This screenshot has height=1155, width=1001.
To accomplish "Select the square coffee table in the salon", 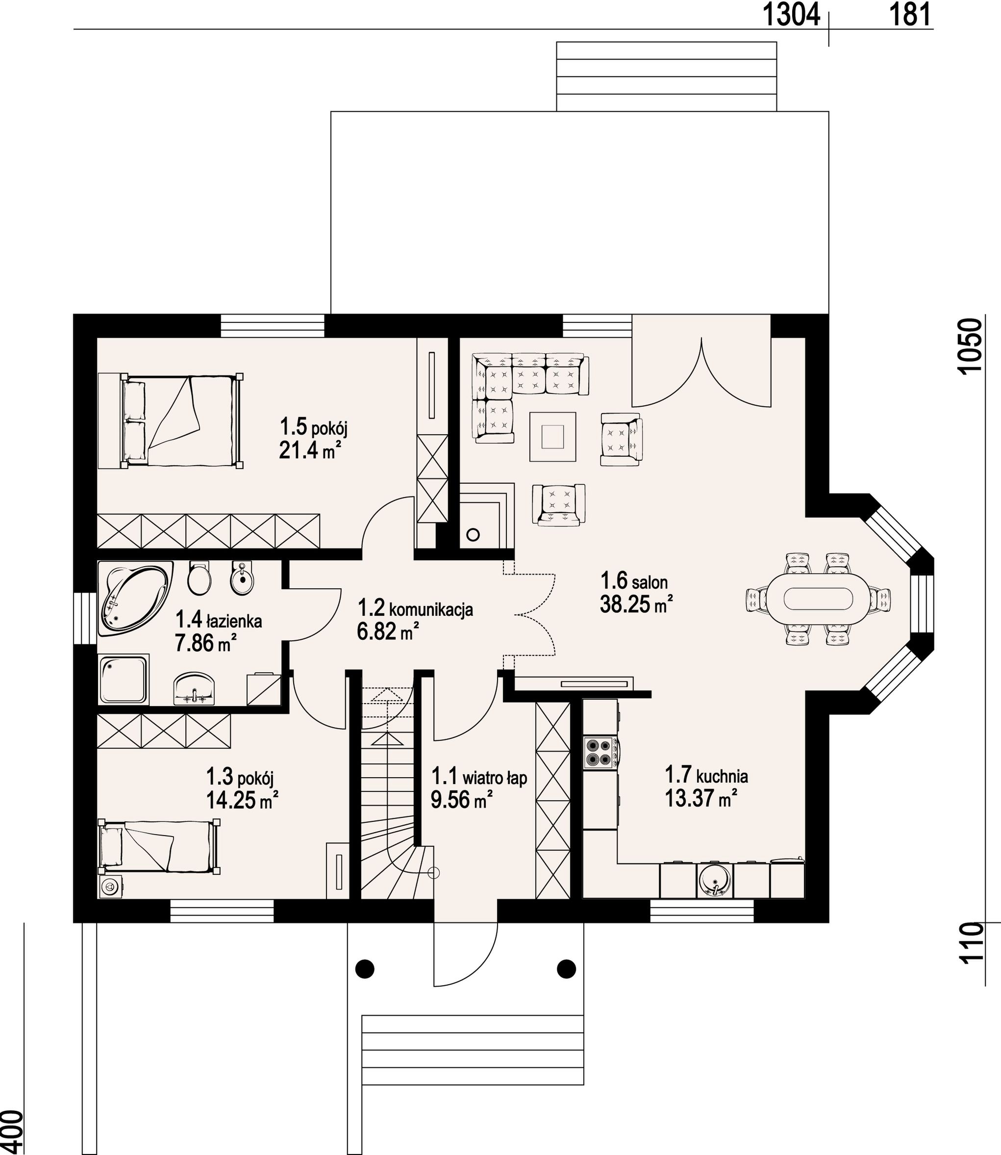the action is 553,436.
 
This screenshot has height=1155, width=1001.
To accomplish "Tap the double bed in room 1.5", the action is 171,420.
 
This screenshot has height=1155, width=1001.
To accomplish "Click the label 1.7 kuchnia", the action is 706,775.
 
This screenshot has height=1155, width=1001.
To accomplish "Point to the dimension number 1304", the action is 791,15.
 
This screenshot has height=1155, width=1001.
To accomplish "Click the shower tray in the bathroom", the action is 124,680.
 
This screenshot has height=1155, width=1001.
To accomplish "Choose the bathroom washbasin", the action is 194,688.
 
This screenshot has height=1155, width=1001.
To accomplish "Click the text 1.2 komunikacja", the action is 415,608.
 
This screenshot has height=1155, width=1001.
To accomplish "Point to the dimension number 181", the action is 910,15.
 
